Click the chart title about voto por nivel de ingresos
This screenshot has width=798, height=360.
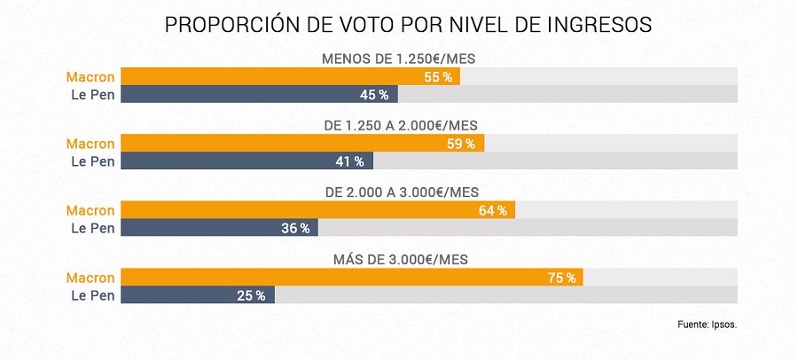pos(409,25)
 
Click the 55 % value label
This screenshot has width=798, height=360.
pos(438,77)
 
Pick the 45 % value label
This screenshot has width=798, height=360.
pos(375,95)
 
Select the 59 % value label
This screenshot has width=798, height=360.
pos(461,144)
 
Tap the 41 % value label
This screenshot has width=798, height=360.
pos(350,161)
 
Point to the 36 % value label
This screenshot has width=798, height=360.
pos(295,229)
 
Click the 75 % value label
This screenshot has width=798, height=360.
pos(561,278)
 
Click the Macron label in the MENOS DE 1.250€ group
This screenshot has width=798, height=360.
pos(91,77)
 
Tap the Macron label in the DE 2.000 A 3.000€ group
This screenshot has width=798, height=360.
pos(91,211)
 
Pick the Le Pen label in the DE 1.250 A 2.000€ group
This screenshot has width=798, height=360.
pos(93,161)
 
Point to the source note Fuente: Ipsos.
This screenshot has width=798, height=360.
pos(707,325)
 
